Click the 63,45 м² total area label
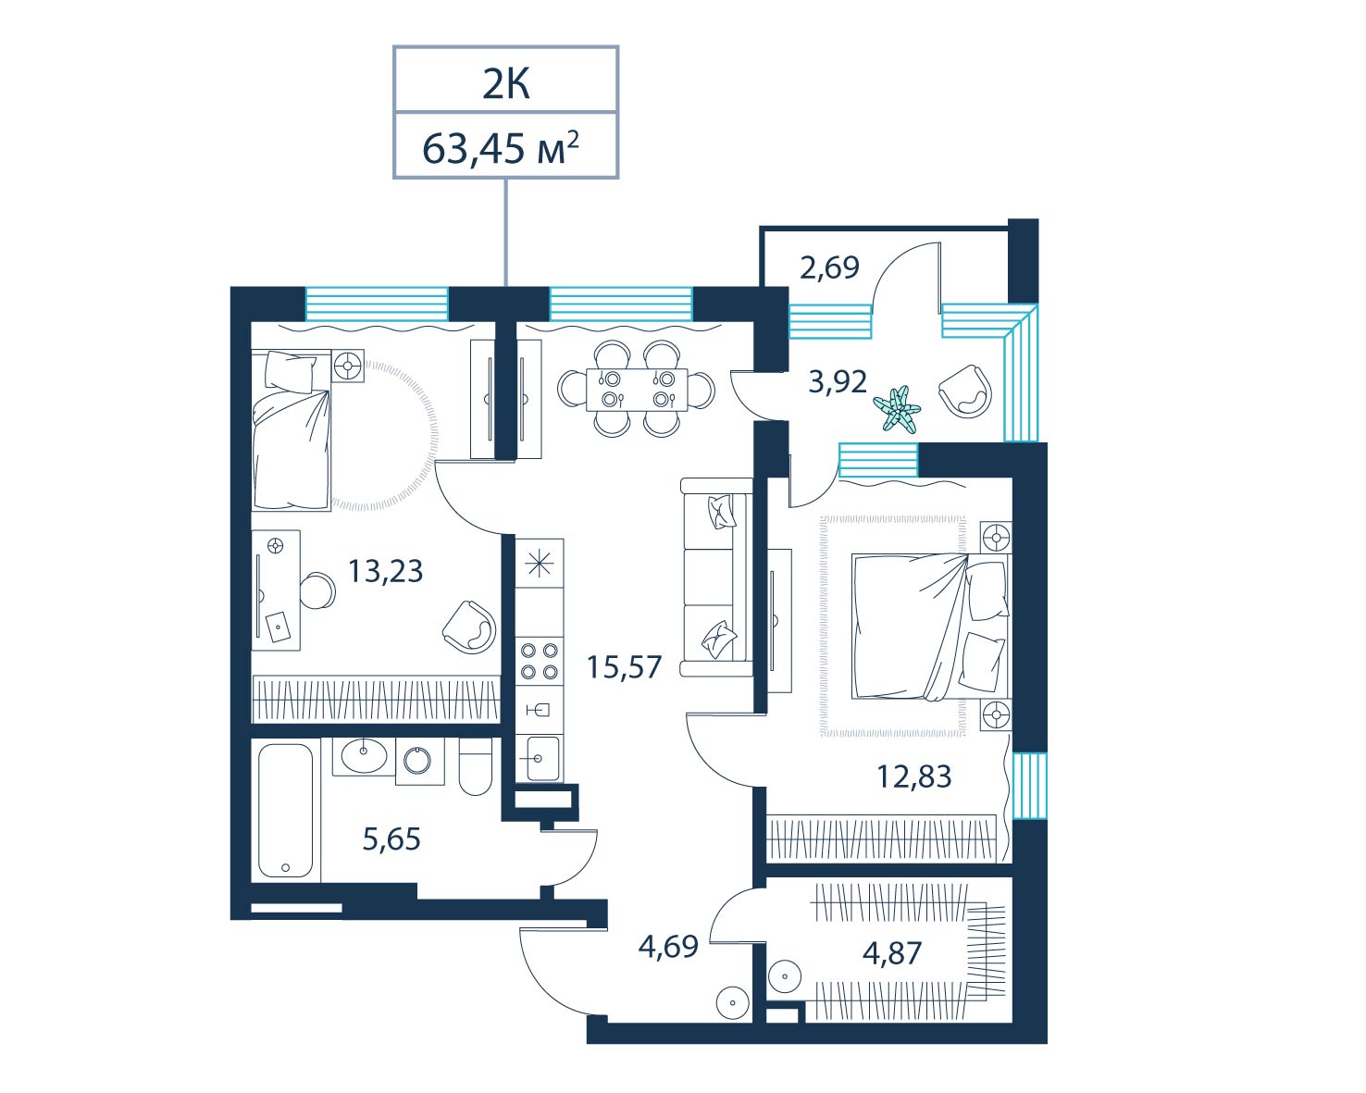coord(501,148)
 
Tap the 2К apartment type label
coord(506,84)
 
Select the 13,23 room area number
coord(385,571)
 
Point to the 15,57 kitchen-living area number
coord(624,666)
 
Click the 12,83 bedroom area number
coord(914,776)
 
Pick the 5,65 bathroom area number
coord(391,839)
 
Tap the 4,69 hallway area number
coord(668,947)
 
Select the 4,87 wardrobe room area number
coord(892,952)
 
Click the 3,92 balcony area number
coord(838,381)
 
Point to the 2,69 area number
coord(829,267)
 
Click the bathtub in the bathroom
coord(286,811)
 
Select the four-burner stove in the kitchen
coord(539,661)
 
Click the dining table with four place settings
coord(637,389)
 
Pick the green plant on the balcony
coord(897,409)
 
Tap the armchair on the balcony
coord(965,391)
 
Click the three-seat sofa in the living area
coord(716,577)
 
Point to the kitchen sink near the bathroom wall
coord(539,758)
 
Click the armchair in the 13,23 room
coord(469,627)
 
